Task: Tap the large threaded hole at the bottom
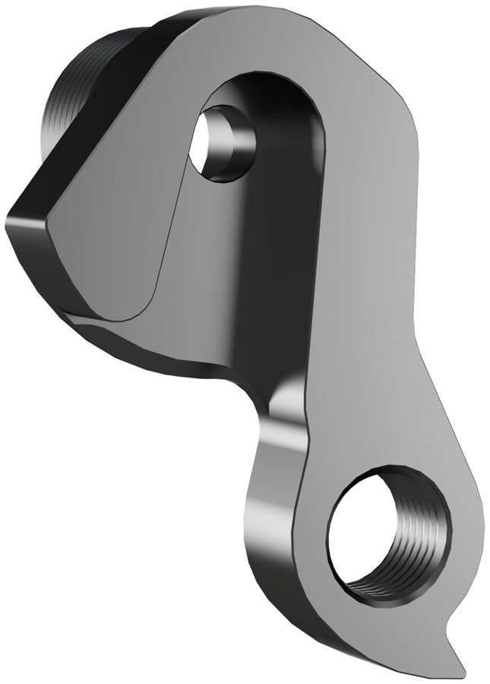372,531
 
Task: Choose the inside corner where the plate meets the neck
243,372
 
